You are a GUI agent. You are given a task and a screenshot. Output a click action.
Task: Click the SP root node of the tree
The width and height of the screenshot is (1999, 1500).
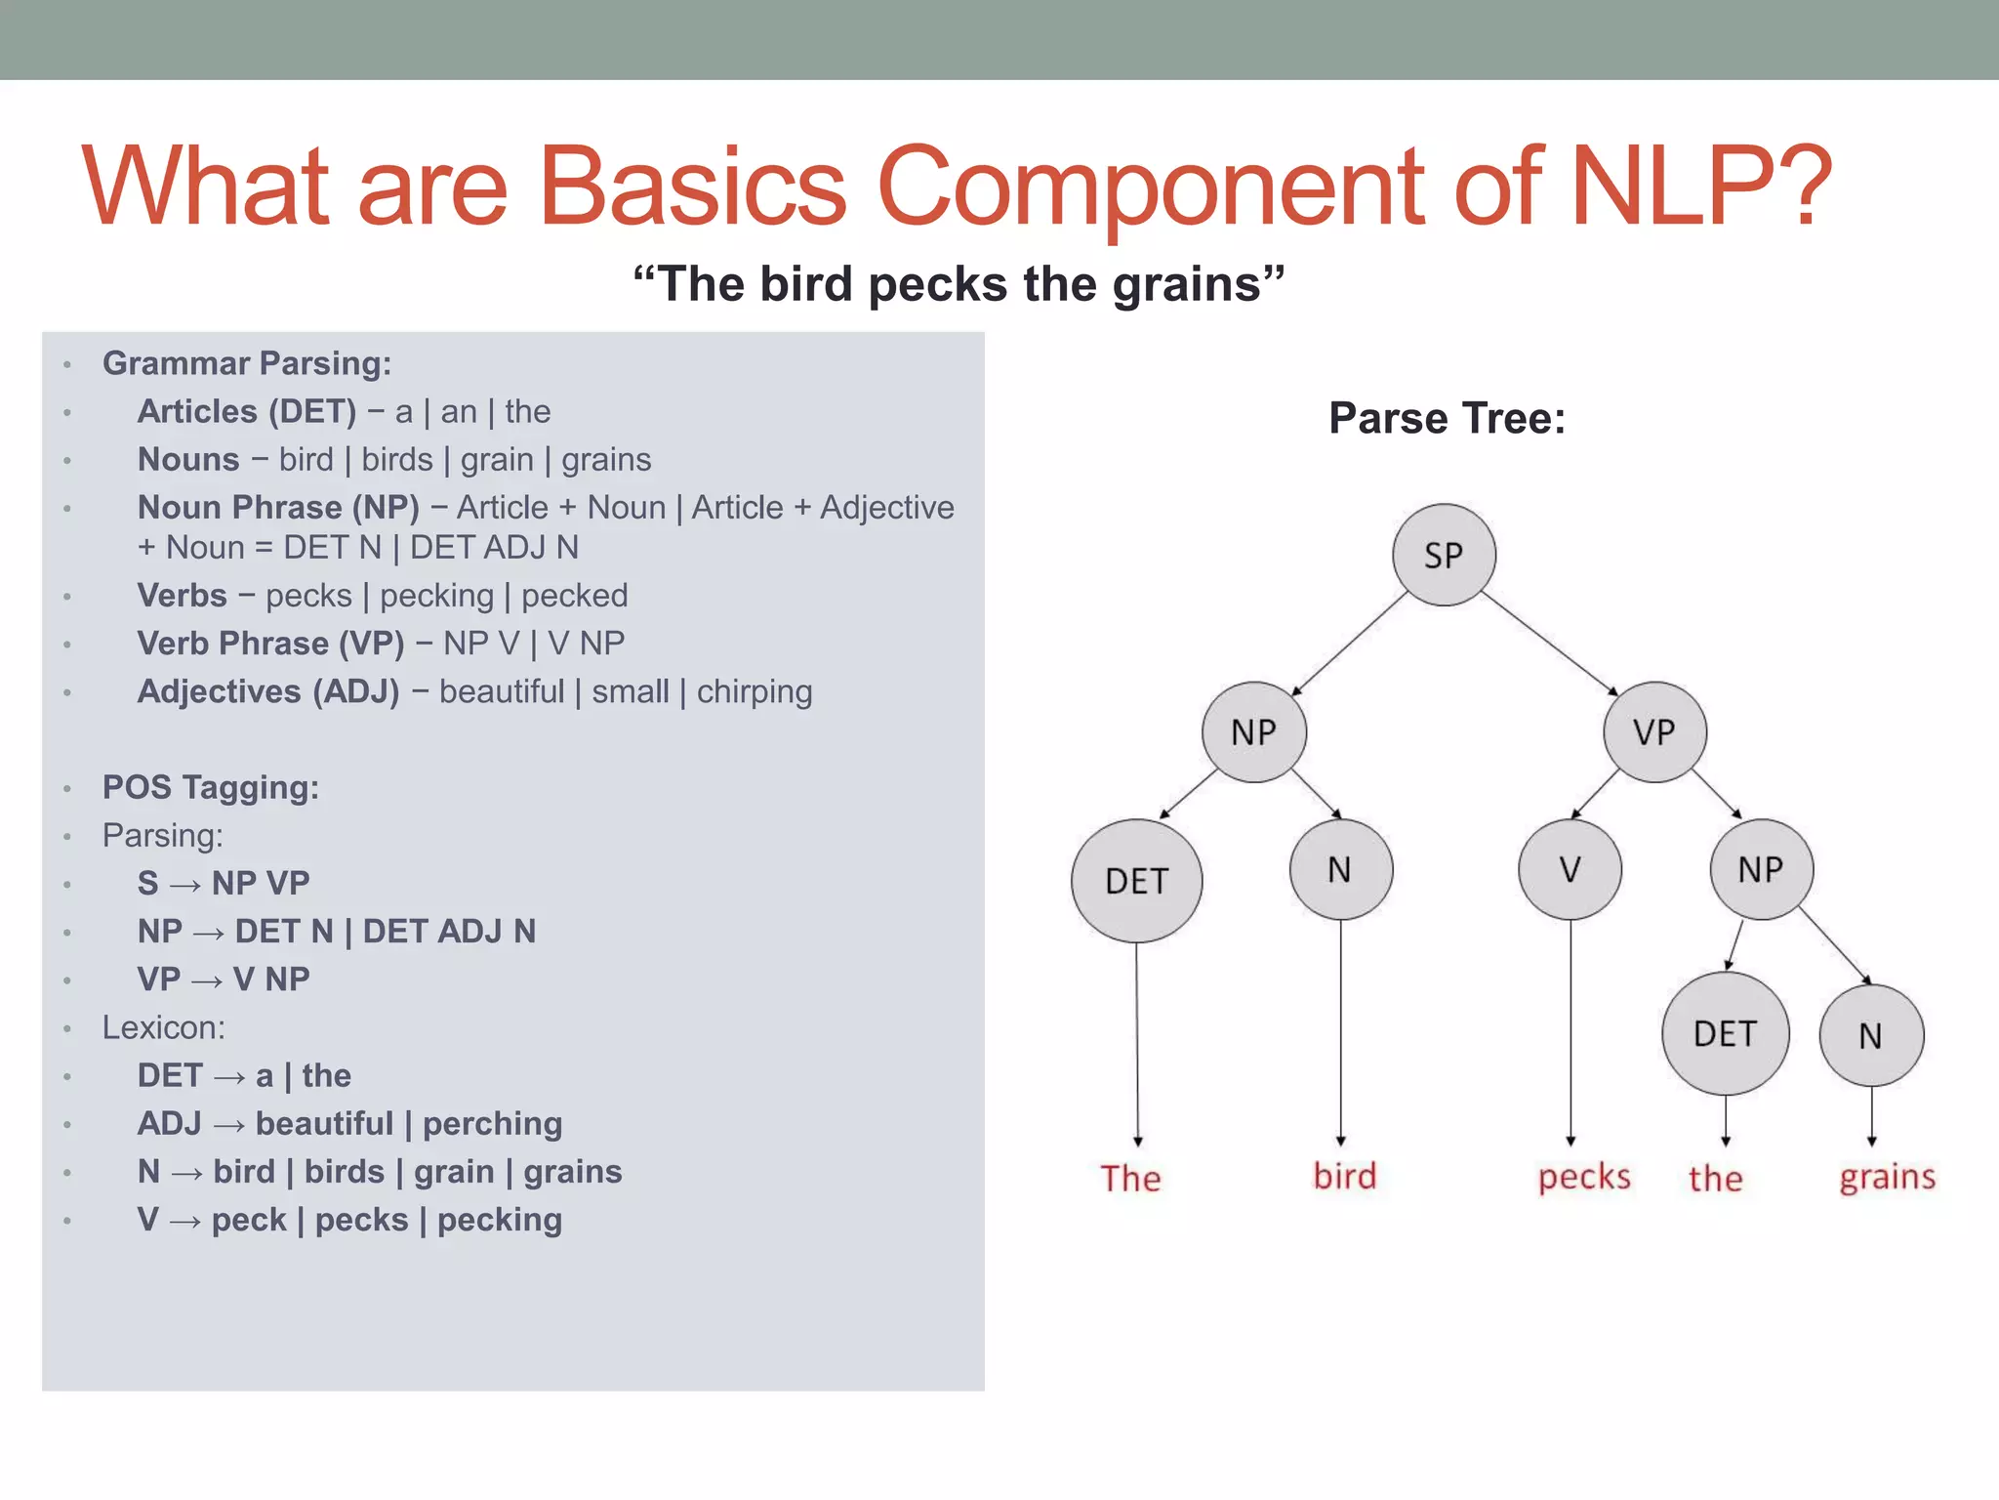pos(1444,555)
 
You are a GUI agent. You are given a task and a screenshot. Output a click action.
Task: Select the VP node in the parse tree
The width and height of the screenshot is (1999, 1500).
pos(1654,731)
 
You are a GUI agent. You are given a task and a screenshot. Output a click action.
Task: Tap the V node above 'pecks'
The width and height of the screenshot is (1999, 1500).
pos(1570,869)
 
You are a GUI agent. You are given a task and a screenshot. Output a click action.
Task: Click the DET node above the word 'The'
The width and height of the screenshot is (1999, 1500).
pos(1136,881)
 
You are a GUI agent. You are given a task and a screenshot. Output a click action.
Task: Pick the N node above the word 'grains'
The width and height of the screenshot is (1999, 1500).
pos(1871,1035)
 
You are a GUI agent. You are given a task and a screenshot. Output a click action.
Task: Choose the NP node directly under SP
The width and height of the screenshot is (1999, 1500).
pos(1254,731)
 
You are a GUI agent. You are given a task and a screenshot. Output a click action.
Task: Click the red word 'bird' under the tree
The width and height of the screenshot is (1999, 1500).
pos(1344,1176)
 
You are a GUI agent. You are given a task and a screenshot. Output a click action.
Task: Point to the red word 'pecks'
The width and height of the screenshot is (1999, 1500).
pos(1584,1177)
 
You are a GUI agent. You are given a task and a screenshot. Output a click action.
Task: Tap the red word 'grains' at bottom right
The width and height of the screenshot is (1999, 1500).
pos(1887,1177)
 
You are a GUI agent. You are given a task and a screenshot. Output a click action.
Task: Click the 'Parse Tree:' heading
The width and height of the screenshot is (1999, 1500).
pos(1447,418)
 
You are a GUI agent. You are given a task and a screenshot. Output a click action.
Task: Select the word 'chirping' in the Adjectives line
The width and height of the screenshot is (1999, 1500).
pos(754,691)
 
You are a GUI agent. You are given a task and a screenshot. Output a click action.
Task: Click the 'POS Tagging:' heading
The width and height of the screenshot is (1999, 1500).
pos(211,787)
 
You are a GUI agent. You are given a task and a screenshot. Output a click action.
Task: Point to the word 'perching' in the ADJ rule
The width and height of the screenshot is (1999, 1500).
pos(492,1124)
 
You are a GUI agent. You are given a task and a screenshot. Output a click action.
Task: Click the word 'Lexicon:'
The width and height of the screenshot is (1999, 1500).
pos(164,1027)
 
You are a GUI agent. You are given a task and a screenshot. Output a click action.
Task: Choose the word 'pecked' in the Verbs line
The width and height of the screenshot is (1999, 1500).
pos(574,596)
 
